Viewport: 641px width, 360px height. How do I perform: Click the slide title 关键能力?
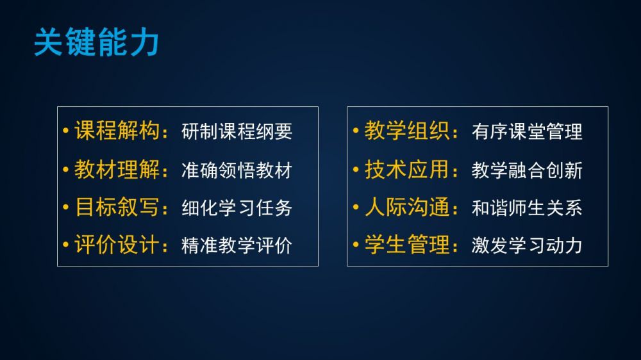tap(97, 42)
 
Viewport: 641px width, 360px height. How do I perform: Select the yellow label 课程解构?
tap(117, 131)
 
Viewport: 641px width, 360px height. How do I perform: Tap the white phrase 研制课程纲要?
tap(237, 131)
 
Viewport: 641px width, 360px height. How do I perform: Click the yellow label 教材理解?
tap(117, 169)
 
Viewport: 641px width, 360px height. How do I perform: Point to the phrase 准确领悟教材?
tap(237, 170)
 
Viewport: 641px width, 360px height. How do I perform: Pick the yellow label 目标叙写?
tap(117, 207)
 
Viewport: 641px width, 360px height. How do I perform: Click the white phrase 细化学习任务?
tap(237, 208)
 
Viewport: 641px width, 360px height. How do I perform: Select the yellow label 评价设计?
tap(117, 245)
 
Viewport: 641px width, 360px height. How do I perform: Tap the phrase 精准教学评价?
tap(237, 245)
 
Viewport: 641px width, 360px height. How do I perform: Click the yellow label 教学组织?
tap(407, 131)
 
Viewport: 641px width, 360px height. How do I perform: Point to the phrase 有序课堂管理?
tap(527, 131)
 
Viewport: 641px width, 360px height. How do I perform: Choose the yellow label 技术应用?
tap(407, 169)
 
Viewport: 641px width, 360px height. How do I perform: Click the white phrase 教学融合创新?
tap(527, 170)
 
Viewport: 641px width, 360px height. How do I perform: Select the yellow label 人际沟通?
tap(407, 207)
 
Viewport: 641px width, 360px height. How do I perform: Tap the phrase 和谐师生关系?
tap(527, 208)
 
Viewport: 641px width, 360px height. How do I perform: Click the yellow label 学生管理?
tap(407, 245)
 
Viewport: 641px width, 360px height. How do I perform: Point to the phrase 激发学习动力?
tap(527, 245)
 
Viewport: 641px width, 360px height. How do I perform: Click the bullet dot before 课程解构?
tap(65, 131)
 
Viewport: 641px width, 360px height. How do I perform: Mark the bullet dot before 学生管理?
tap(356, 245)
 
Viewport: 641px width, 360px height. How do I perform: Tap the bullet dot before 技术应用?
tap(356, 169)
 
